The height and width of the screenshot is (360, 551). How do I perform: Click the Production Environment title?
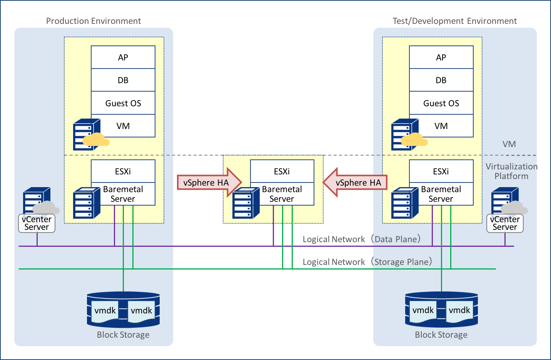coord(94,21)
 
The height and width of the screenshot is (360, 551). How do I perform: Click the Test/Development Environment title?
coord(454,21)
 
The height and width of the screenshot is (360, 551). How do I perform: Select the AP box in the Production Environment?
coord(123,57)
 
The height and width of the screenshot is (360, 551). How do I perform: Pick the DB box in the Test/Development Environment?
coord(441,80)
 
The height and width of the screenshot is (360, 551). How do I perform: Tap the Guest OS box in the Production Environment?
coord(123,103)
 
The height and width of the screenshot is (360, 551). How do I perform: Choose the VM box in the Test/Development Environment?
coord(441,126)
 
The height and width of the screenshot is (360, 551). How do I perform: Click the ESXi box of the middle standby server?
coord(282,171)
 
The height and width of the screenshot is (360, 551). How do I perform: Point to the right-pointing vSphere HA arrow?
coord(208,183)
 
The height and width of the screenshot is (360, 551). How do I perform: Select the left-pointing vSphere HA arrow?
coord(356,183)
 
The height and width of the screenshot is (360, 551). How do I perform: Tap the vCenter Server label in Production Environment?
coord(37,223)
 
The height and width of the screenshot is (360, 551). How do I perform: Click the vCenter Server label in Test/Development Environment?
coord(505,223)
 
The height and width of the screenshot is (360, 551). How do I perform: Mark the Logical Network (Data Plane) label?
coord(362,239)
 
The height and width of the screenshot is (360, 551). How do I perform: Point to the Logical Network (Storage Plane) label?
coord(367,262)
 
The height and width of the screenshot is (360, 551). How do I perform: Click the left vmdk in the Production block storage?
coord(105,310)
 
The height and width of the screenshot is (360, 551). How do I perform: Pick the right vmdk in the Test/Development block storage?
coord(459,310)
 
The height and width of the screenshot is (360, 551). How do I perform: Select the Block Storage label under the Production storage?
coord(123,335)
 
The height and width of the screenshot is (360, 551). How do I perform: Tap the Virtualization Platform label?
coord(511,171)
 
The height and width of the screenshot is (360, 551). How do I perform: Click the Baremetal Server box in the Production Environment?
coord(123,194)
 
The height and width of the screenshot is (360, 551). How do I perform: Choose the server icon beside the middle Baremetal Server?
coord(246,203)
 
